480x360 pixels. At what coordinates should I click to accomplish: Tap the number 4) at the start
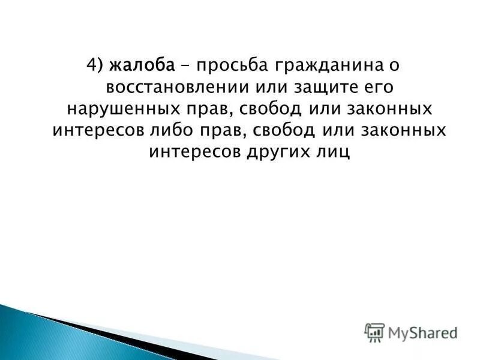pyautogui.click(x=96, y=65)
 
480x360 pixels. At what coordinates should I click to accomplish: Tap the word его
pyautogui.click(x=375, y=87)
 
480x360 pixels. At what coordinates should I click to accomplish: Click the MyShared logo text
pyautogui.click(x=422, y=331)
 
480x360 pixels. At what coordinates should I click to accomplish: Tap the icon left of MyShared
pyautogui.click(x=374, y=332)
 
